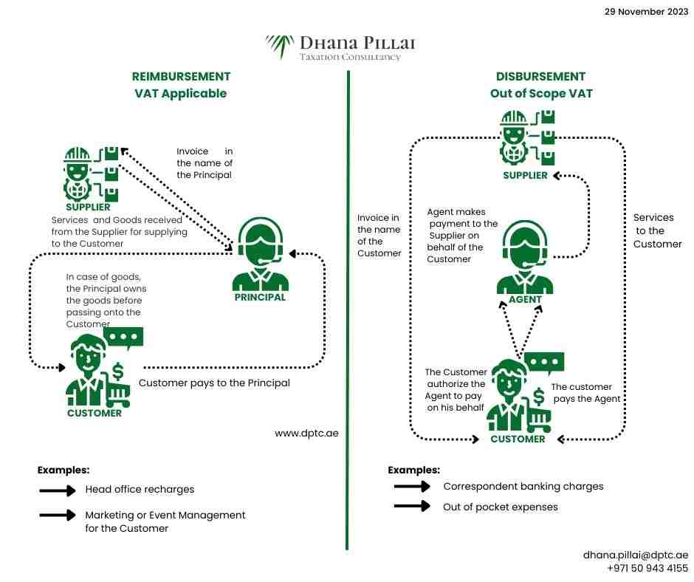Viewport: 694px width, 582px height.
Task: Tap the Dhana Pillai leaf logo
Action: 280,46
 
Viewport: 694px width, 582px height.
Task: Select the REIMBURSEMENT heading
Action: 181,77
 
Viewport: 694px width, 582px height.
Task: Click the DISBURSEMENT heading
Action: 541,77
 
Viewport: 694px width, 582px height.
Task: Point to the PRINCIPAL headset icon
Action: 260,257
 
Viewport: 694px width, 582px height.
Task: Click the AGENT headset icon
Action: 525,259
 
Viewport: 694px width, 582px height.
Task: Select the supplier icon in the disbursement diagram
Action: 526,138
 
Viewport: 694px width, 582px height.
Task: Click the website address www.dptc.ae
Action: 306,433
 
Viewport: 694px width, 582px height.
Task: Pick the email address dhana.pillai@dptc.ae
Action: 636,555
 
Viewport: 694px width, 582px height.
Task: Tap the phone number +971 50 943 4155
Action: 647,569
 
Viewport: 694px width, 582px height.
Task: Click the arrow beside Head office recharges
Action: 58,490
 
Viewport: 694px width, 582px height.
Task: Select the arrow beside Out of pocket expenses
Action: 412,507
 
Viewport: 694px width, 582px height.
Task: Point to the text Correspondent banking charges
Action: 523,487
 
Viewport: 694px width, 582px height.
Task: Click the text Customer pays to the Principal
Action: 214,383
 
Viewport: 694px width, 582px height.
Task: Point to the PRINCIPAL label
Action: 259,298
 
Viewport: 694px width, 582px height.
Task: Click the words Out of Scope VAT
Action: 541,95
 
